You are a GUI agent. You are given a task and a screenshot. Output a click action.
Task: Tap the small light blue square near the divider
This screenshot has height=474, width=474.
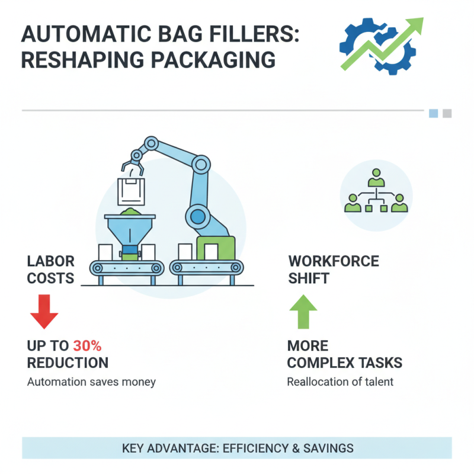(x=433, y=113)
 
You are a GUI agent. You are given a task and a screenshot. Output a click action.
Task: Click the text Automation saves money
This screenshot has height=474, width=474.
(x=91, y=382)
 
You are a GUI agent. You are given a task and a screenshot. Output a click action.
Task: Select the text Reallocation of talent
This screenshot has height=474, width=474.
(x=340, y=382)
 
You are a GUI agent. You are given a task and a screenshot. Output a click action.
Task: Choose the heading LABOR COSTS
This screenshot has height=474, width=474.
(x=51, y=270)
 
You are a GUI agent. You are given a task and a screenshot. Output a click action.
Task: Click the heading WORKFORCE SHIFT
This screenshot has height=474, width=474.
(x=333, y=270)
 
